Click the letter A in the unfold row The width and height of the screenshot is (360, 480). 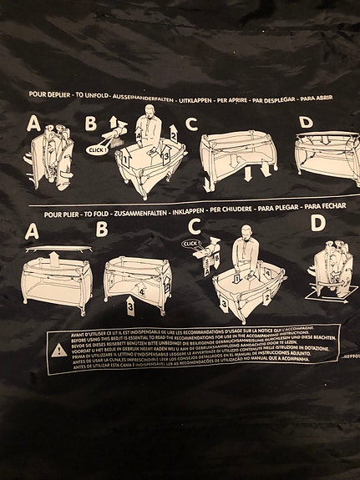coord(33,124)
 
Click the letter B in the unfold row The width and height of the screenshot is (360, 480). coord(91,125)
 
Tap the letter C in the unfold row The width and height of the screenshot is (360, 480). coord(191,125)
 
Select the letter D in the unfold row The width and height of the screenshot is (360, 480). coord(305,124)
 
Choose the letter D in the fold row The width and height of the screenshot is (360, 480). coord(317,224)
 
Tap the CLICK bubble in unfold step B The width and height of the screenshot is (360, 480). coord(97,149)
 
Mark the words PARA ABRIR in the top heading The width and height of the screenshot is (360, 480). coord(322,98)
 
